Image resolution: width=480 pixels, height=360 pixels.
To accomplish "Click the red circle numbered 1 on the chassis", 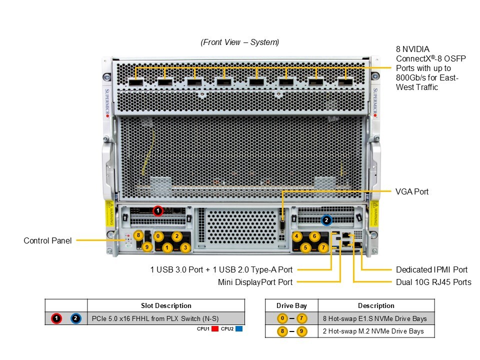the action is click(x=158, y=210).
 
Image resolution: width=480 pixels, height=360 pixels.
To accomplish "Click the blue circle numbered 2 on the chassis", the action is click(x=326, y=220).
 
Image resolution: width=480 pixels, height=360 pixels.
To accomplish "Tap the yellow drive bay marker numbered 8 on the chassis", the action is click(x=138, y=235).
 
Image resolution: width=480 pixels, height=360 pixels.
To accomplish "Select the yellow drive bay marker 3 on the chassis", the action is click(x=185, y=247).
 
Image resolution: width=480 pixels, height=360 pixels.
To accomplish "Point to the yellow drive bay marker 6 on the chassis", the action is click(x=314, y=236).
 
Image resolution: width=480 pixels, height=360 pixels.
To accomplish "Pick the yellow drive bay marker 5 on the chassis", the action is click(x=305, y=247).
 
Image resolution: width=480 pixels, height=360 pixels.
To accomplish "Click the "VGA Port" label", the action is click(x=411, y=191).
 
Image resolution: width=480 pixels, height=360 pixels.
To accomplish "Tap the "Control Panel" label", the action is click(x=48, y=240).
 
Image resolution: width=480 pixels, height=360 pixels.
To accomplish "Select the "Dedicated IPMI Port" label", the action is click(x=431, y=269).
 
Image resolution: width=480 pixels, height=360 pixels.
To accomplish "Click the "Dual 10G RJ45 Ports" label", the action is click(x=433, y=282).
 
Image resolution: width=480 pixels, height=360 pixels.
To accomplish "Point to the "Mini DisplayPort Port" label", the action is click(x=255, y=282).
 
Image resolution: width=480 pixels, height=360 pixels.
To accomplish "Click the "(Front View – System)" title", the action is click(x=239, y=42).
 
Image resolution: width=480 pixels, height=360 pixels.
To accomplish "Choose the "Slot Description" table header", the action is click(x=166, y=305).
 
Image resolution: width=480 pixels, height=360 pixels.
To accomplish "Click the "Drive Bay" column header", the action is click(x=291, y=305).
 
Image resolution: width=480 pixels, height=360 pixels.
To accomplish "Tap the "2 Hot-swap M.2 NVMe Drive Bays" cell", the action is click(x=373, y=331).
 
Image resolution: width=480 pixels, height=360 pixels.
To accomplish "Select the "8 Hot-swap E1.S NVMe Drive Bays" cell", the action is click(x=374, y=318).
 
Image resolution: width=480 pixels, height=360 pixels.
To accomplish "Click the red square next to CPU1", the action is click(x=215, y=329).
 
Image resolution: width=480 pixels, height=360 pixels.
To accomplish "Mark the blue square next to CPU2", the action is click(x=239, y=329).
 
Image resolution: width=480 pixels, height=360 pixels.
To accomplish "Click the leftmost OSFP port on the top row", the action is click(x=135, y=82).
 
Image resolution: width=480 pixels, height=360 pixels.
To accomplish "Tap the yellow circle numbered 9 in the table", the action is click(x=301, y=331).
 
